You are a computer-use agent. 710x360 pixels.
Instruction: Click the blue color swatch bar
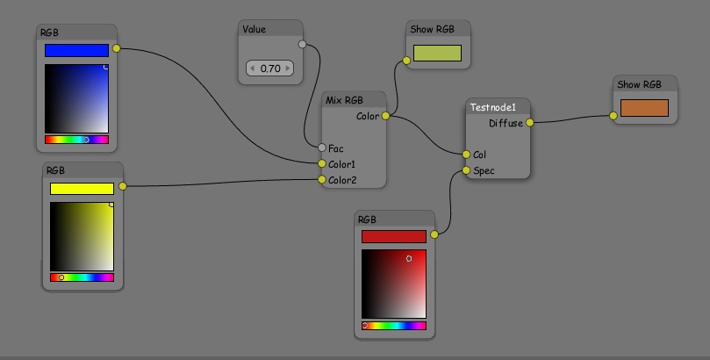pyautogui.click(x=76, y=51)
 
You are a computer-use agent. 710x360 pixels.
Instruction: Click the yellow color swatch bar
pyautogui.click(x=82, y=188)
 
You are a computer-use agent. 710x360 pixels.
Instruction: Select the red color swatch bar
pyautogui.click(x=393, y=236)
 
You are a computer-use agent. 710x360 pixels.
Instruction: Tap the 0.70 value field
pyautogui.click(x=270, y=68)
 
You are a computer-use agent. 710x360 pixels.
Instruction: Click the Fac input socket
pyautogui.click(x=322, y=148)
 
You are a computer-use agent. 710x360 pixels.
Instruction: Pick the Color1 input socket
pyautogui.click(x=322, y=163)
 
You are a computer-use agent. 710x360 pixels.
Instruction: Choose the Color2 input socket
pyautogui.click(x=322, y=179)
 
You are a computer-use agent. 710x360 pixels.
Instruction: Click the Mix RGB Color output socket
pyautogui.click(x=386, y=116)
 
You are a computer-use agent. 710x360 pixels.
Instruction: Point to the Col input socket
pyautogui.click(x=467, y=155)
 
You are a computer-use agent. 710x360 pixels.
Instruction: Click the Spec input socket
pyautogui.click(x=467, y=170)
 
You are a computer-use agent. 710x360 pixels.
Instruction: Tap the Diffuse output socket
pyautogui.click(x=530, y=123)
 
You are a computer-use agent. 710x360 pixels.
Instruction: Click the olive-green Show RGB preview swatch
pyautogui.click(x=437, y=53)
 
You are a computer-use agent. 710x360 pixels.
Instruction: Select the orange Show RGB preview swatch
pyautogui.click(x=644, y=108)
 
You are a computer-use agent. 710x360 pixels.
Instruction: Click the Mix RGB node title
pyautogui.click(x=344, y=100)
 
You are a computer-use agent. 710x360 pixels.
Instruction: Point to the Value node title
pyautogui.click(x=254, y=29)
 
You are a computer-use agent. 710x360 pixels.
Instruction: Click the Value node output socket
pyautogui.click(x=303, y=44)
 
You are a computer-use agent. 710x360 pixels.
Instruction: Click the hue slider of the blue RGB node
pyautogui.click(x=76, y=140)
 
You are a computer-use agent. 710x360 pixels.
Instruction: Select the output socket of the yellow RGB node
pyautogui.click(x=123, y=186)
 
